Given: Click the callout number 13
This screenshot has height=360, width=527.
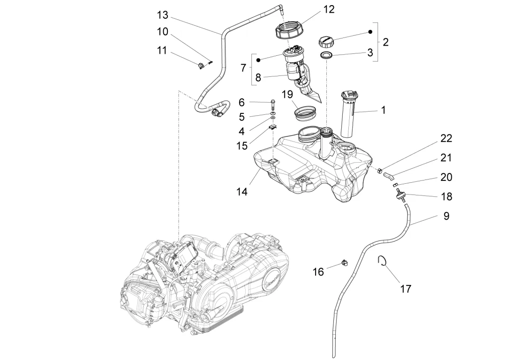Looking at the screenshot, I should (162, 15).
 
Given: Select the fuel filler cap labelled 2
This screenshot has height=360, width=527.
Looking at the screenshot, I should (326, 41).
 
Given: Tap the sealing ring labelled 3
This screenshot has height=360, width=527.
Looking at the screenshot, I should (327, 56).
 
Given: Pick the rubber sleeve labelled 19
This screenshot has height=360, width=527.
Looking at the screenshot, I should (304, 113).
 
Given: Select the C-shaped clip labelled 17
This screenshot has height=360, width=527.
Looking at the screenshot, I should (383, 261).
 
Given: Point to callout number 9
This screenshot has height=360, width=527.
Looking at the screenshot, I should (446, 216).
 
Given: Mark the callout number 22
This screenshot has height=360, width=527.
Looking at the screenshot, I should (446, 138).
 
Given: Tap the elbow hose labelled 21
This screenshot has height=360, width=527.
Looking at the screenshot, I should (388, 176).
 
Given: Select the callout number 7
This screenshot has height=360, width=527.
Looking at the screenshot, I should (243, 68).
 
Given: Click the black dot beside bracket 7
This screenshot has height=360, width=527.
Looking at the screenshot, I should (258, 60).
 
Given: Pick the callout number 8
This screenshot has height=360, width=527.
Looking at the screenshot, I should (258, 77).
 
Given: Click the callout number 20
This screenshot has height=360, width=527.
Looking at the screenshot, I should (446, 177).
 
